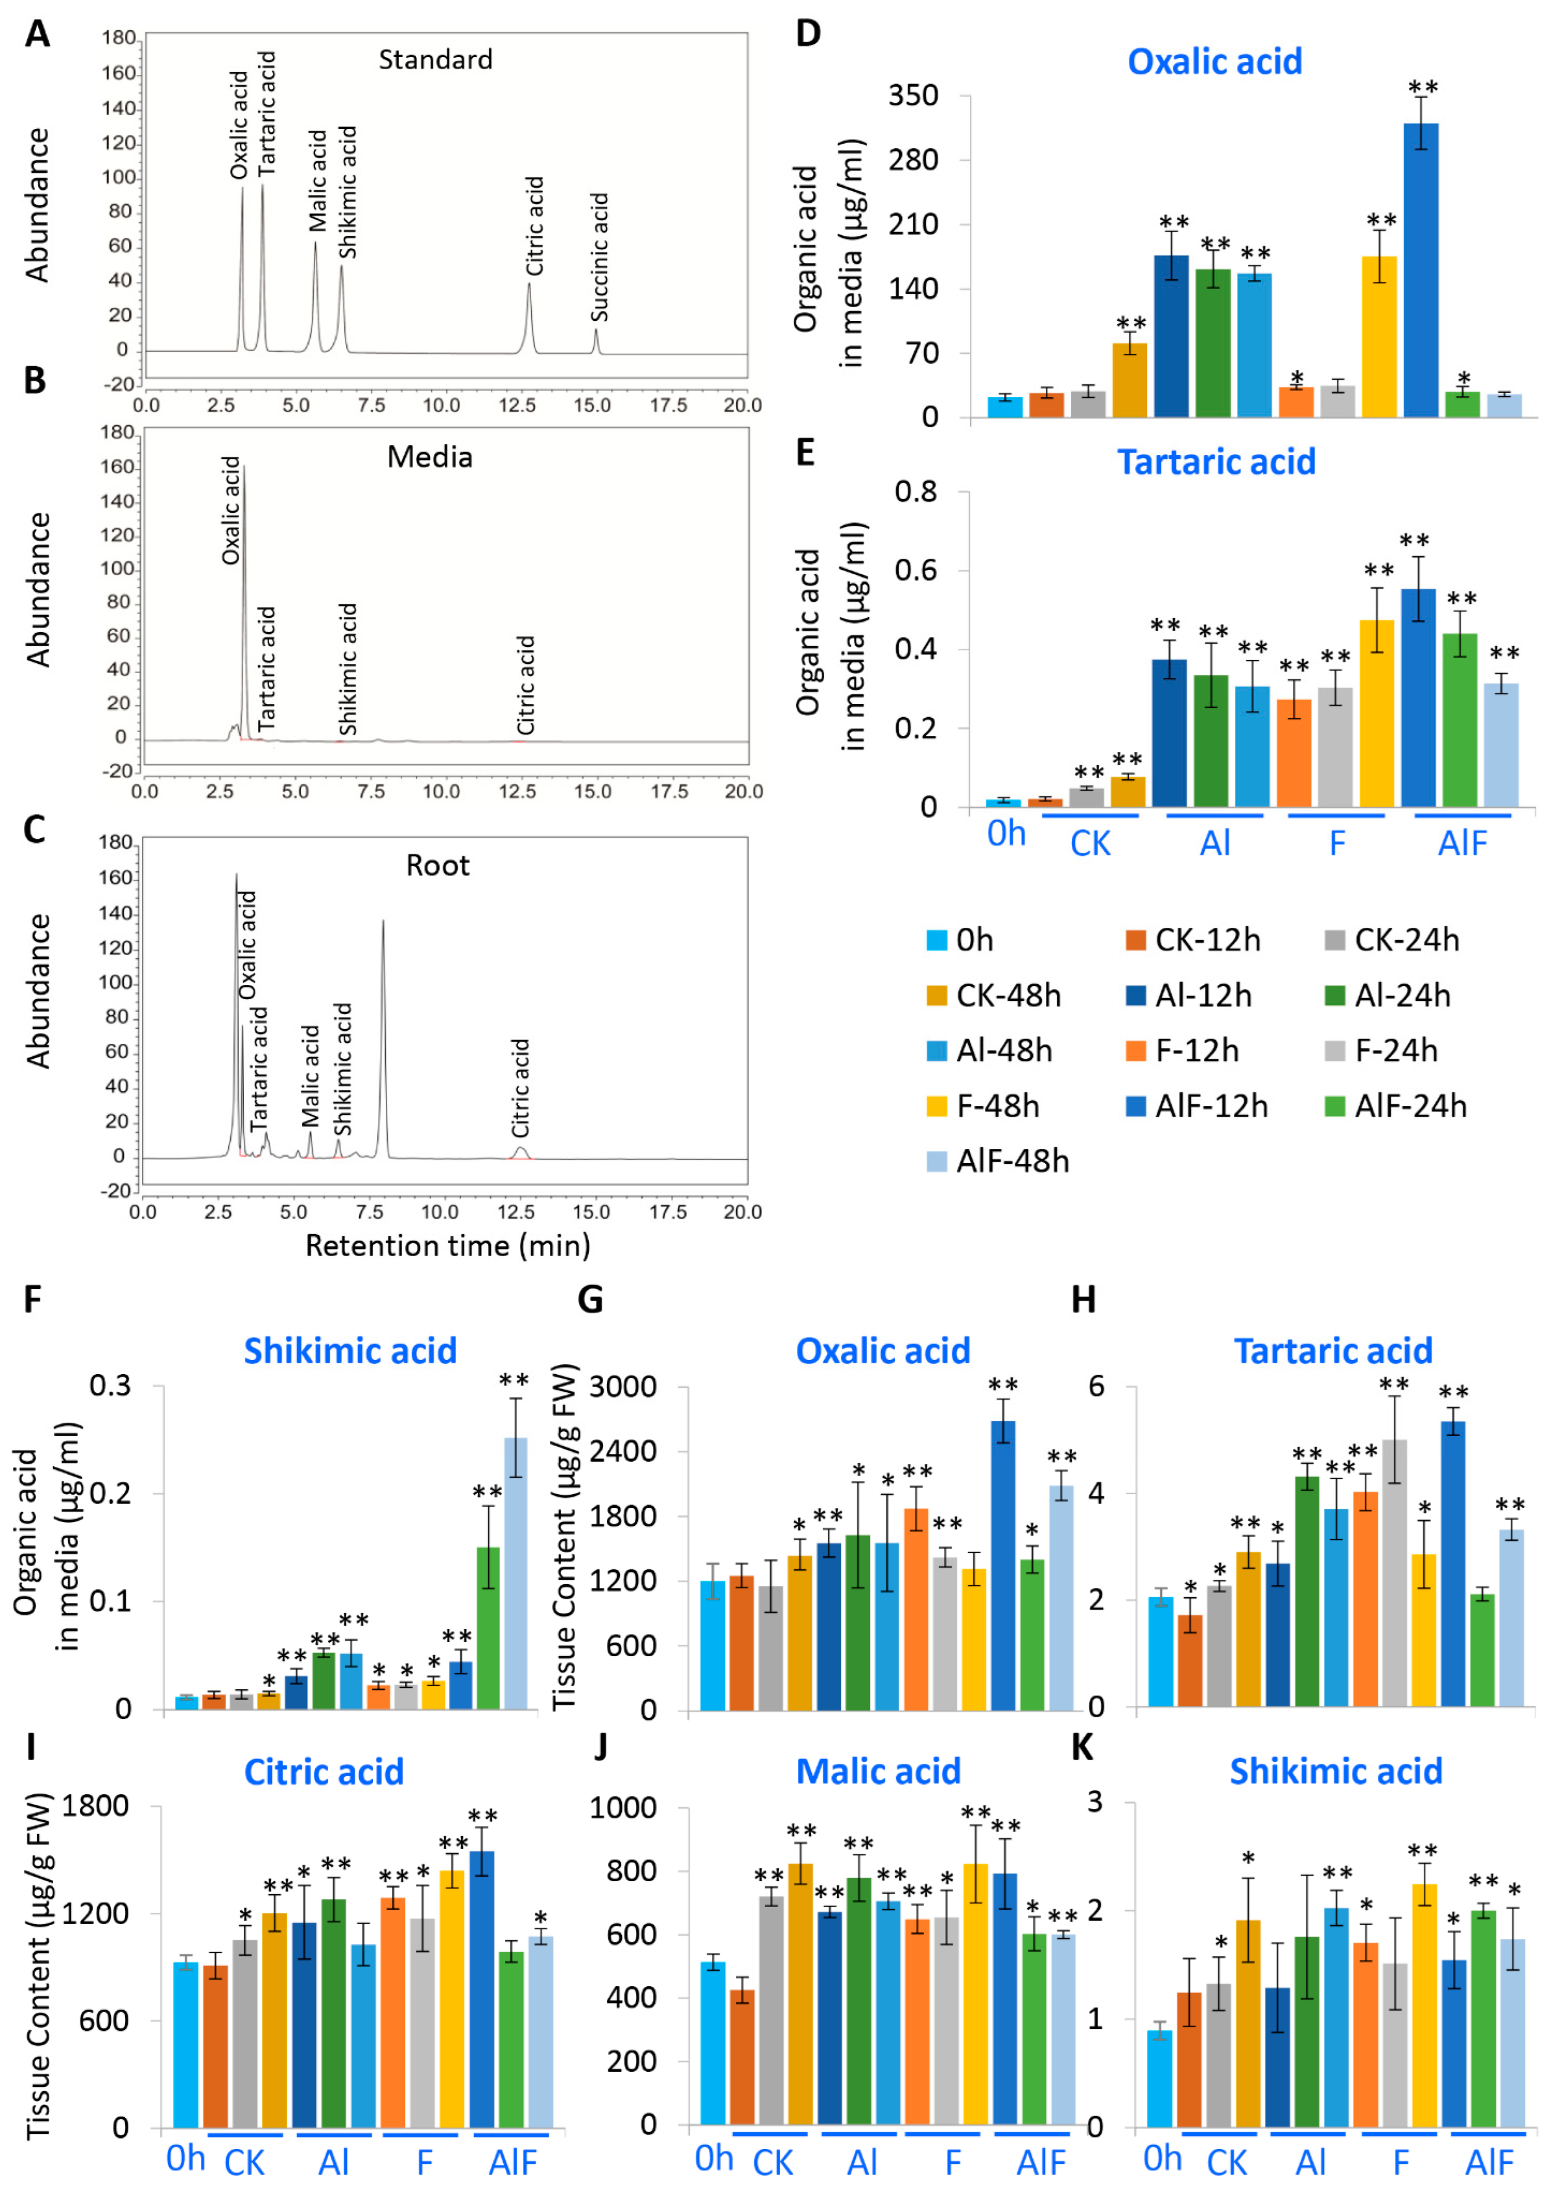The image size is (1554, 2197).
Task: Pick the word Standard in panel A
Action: [x=435, y=59]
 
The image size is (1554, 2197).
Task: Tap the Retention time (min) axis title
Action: [x=447, y=1245]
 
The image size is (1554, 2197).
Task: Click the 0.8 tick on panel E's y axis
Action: [x=915, y=492]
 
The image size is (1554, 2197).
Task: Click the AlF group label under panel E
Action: [x=1462, y=843]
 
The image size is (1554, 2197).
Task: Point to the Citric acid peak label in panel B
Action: [x=525, y=685]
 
